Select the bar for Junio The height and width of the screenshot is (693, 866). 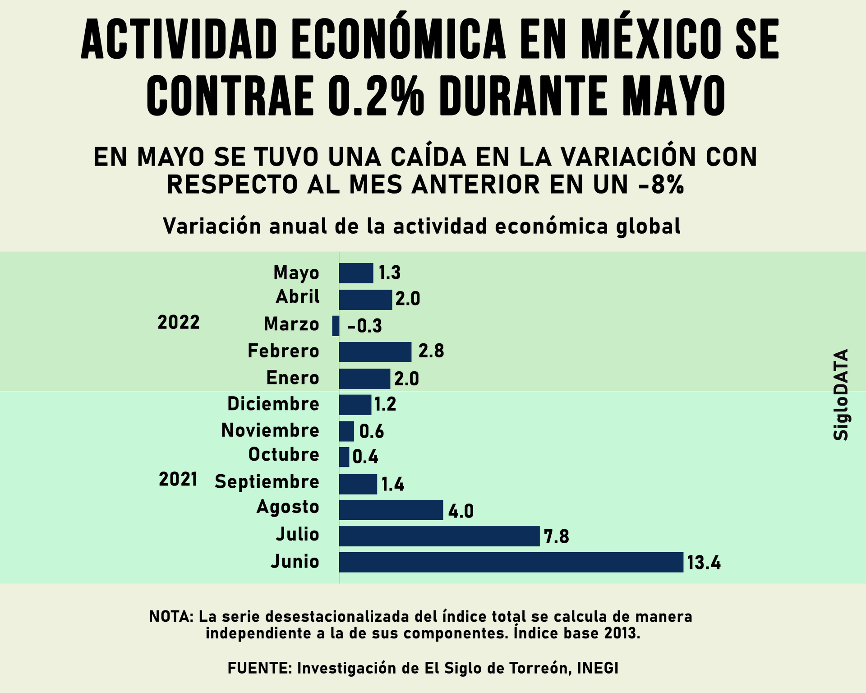[511, 562]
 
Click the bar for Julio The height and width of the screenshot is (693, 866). [439, 536]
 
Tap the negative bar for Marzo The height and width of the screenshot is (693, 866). [336, 326]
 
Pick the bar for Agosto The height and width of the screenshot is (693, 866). [391, 510]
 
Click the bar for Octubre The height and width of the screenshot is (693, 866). [344, 457]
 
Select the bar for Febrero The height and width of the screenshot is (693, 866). [375, 352]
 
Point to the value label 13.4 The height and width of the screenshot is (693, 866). [704, 563]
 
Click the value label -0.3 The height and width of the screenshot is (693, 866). [364, 326]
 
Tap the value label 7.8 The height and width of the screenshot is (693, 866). [556, 537]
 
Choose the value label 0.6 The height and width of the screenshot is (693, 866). [371, 432]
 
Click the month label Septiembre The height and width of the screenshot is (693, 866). [267, 482]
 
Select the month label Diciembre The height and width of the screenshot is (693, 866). [273, 404]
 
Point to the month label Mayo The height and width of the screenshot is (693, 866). [296, 273]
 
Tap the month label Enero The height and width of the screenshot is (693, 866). [293, 378]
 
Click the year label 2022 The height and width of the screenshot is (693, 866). [179, 323]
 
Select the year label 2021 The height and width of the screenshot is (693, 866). [178, 479]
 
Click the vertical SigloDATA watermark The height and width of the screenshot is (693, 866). [841, 394]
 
